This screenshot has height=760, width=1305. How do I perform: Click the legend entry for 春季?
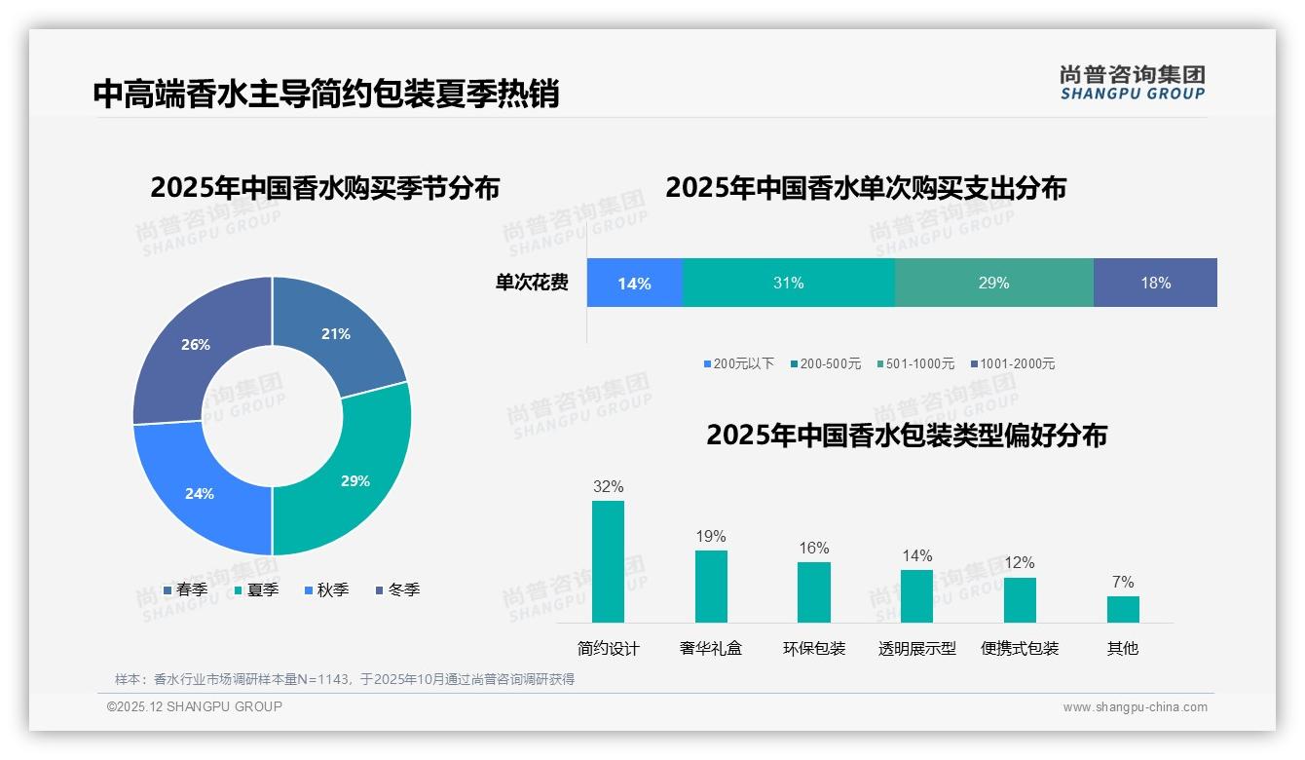(x=185, y=589)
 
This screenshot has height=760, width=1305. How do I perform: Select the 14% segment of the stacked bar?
(x=634, y=283)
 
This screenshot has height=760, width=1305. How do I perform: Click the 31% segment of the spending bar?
(x=788, y=283)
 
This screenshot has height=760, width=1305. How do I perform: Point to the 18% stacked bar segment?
(x=1155, y=283)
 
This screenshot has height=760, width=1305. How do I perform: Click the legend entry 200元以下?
(x=739, y=363)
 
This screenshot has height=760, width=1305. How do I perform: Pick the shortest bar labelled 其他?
(x=1123, y=609)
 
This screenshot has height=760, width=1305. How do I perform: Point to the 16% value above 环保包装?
(x=814, y=548)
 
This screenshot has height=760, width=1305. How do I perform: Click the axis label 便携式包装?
(x=1020, y=648)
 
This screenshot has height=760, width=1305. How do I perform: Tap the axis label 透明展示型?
(x=916, y=648)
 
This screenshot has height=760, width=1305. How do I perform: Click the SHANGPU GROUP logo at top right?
(x=1132, y=83)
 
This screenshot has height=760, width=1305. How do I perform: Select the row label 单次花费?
(x=532, y=283)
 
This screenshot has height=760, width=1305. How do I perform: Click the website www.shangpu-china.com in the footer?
(x=1135, y=706)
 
